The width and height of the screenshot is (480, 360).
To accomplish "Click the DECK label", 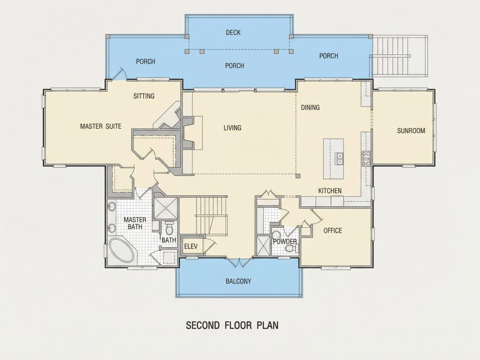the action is click(x=233, y=32).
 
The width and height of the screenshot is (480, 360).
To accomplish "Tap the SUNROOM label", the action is click(x=411, y=131).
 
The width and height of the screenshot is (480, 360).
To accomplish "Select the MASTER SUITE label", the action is click(x=101, y=126).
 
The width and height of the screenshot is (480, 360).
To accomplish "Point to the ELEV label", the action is click(x=191, y=246).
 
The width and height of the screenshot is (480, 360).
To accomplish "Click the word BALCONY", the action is click(x=238, y=281).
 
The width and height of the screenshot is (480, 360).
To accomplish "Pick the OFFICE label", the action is click(x=333, y=230).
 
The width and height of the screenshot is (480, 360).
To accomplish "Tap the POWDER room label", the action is click(x=285, y=242).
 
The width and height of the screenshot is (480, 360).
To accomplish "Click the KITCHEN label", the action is click(x=330, y=191).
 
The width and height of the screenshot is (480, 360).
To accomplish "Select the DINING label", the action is click(x=310, y=107).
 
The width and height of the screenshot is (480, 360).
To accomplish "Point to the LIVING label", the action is click(x=232, y=128).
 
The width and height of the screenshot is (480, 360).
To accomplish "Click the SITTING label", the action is click(x=144, y=96).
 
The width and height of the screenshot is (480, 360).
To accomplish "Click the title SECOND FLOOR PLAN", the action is click(x=232, y=325).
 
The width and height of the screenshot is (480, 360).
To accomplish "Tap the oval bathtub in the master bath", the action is click(x=122, y=251).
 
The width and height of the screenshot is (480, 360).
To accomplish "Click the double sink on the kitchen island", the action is click(x=339, y=158).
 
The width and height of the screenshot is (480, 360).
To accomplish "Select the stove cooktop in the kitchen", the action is click(x=367, y=158).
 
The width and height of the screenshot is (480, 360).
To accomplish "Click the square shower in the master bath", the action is click(x=166, y=208).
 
